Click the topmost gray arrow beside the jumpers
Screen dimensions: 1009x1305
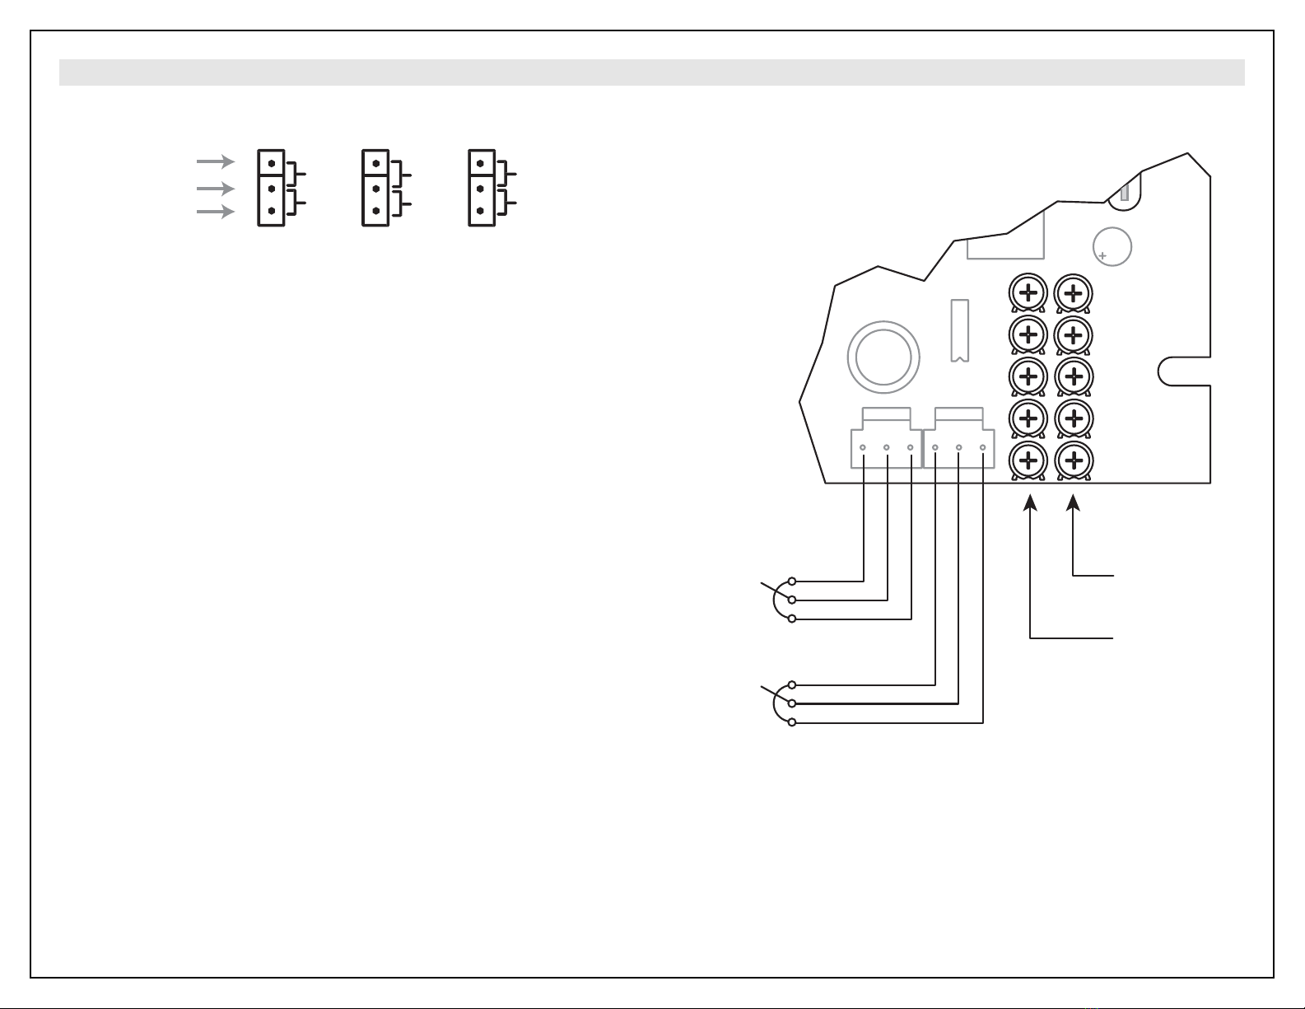pos(216,161)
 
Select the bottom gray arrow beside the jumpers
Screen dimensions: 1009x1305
pos(216,212)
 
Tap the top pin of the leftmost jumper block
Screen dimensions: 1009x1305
pos(271,164)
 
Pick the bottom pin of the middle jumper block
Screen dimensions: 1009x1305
pos(375,211)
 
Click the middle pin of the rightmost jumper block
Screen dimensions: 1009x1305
pos(480,189)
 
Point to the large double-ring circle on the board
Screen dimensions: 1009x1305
pos(883,357)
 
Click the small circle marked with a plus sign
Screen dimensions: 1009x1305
pos(1112,246)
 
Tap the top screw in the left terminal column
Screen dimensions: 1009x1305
pos(1028,292)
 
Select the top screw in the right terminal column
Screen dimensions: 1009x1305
pos(1073,292)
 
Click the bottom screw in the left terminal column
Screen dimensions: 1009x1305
pos(1028,460)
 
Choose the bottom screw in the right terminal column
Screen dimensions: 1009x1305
pos(1073,460)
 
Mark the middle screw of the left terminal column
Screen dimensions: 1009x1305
pos(1028,376)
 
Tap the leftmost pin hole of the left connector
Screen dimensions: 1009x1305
pos(863,448)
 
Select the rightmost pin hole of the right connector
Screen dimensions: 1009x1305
pos(983,448)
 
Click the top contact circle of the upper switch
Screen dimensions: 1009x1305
pos(791,581)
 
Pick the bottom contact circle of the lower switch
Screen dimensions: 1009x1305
pos(791,722)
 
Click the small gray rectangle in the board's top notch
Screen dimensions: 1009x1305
pos(1124,194)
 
